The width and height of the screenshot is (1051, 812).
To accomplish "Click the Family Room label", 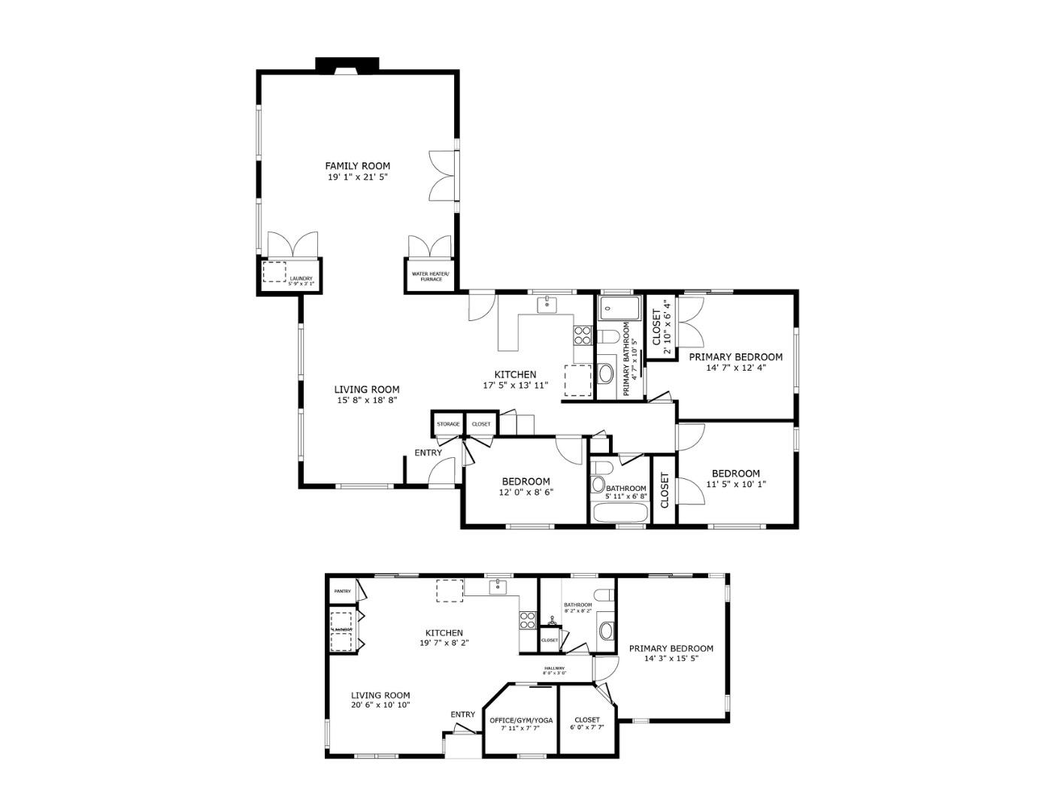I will (x=357, y=165).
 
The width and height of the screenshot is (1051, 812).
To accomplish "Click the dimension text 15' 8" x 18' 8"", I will (x=367, y=400).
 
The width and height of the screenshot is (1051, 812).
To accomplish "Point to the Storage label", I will (x=448, y=424).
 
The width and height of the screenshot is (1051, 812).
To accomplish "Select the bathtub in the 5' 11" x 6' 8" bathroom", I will (x=620, y=513).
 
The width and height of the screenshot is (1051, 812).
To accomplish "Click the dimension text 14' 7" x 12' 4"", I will (x=735, y=368).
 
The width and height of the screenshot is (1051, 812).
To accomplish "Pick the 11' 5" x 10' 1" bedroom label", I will (x=735, y=473).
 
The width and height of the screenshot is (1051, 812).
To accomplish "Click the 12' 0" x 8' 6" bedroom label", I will (x=525, y=481).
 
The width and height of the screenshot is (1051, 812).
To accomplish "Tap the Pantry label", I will (x=343, y=592).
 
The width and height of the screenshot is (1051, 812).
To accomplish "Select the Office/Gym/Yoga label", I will (x=521, y=720).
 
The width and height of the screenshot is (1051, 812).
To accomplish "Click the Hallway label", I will (x=555, y=668).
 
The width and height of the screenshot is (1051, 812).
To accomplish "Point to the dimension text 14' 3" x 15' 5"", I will (x=671, y=659).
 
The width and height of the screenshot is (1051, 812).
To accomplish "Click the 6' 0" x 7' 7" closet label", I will (x=586, y=720).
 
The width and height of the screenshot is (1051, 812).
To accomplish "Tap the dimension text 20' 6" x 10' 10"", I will (x=380, y=705).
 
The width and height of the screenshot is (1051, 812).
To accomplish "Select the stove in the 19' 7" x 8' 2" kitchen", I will (x=527, y=620).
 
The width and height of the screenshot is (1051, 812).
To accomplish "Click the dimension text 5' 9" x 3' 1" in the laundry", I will (x=301, y=283).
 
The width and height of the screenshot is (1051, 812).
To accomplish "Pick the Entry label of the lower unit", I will (x=462, y=714).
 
